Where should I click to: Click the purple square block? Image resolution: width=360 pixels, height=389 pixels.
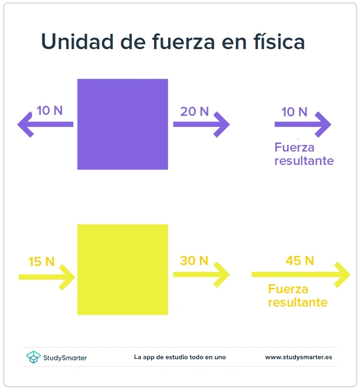point(122,124)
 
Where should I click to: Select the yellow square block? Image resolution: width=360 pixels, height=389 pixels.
point(122,269)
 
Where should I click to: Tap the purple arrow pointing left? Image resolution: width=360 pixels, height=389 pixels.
point(45,124)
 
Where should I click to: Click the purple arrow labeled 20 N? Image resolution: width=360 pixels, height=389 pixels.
point(201,124)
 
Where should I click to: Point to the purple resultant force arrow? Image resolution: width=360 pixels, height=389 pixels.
point(302,124)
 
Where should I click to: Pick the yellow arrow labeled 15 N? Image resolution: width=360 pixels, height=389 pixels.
point(47,276)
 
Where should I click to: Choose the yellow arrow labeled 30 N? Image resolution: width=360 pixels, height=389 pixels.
point(201,275)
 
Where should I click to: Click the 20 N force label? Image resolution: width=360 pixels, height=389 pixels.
point(194,111)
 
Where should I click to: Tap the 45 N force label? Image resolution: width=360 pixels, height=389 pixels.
point(300,261)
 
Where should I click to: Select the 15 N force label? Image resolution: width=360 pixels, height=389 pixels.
point(41,262)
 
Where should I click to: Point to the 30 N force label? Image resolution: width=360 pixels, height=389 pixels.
point(194,261)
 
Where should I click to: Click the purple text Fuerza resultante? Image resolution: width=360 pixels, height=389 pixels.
point(304,154)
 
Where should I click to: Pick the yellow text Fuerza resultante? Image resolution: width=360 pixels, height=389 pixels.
point(298,296)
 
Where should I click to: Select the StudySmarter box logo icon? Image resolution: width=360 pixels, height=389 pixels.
point(33,357)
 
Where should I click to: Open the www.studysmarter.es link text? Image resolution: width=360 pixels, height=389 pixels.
point(299,357)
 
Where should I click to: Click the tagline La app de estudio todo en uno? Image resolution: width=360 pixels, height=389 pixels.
point(180,357)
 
